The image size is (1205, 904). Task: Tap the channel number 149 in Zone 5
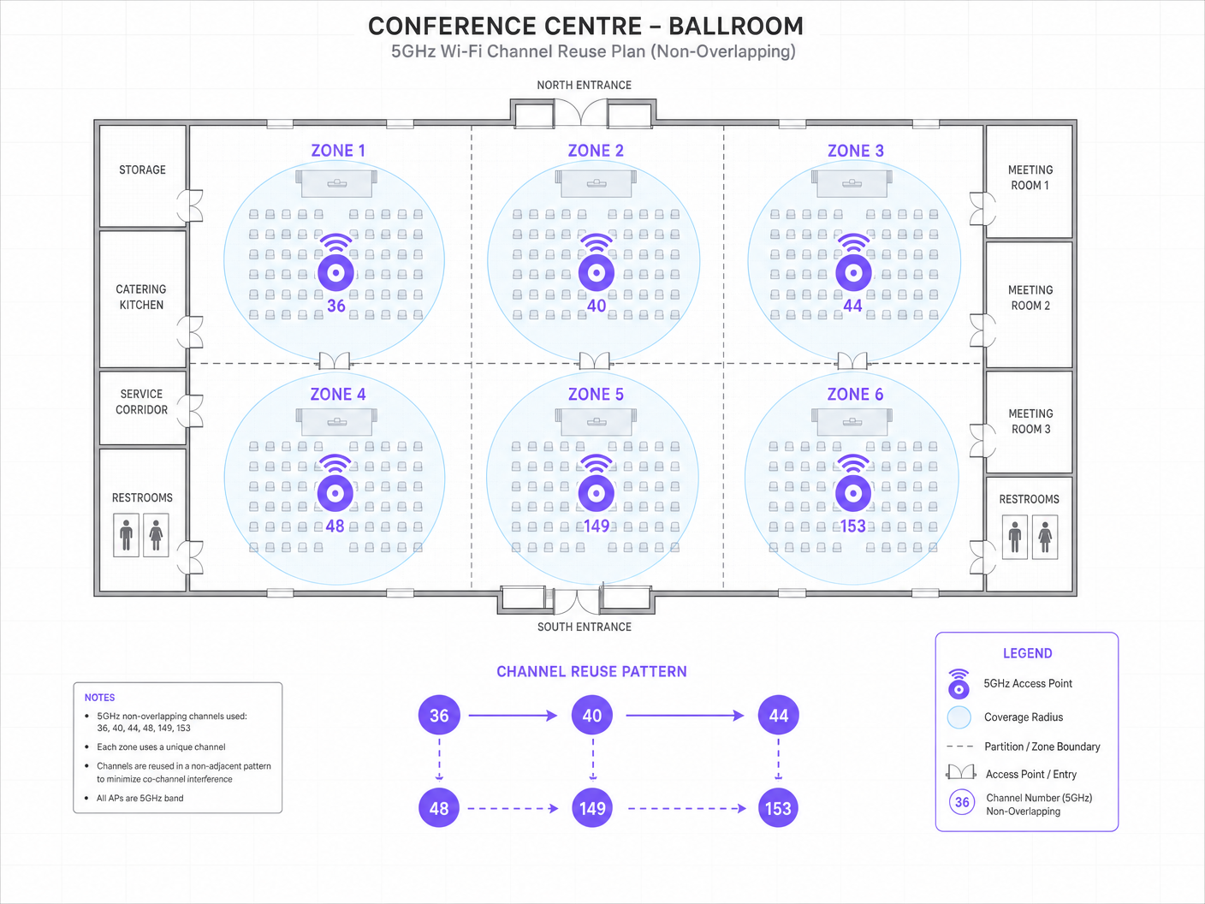click(597, 526)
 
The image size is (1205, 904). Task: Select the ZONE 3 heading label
click(855, 151)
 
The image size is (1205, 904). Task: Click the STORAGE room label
click(142, 169)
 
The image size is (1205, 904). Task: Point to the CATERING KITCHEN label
click(141, 297)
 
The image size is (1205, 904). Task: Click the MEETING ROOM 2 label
click(1030, 298)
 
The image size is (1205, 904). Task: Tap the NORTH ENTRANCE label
click(585, 85)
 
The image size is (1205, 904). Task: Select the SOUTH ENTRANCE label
click(585, 627)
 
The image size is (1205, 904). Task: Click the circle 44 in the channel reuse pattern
click(779, 715)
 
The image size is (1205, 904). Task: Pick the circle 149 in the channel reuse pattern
click(592, 808)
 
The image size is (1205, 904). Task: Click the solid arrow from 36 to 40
click(513, 715)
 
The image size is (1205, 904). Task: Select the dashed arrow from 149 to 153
click(687, 808)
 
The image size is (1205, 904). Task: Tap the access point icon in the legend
click(959, 684)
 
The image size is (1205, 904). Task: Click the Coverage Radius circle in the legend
click(959, 717)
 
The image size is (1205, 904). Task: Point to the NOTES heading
click(99, 698)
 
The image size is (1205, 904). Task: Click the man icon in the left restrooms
click(127, 535)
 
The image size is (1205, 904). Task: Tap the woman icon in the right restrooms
click(1045, 537)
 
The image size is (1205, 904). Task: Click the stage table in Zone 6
click(852, 421)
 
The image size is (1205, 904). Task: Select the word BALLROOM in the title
click(736, 26)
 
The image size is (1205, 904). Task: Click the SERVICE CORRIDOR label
click(141, 401)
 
